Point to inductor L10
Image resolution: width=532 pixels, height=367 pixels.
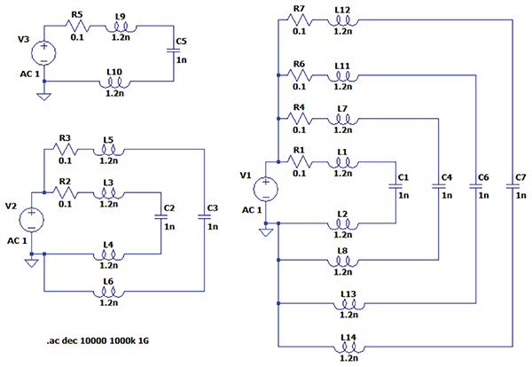tap(114, 81)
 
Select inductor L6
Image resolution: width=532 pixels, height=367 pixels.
tap(109, 291)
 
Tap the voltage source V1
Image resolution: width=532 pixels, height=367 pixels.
tap(264, 189)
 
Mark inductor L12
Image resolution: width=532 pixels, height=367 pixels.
tap(342, 20)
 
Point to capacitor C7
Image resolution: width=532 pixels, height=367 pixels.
tap(516, 185)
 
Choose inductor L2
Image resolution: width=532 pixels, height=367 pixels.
tap(342, 224)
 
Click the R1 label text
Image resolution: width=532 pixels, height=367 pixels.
tap(299, 150)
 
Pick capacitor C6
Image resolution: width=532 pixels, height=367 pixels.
tap(478, 185)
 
